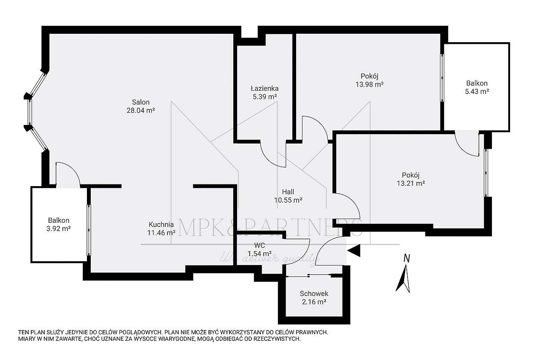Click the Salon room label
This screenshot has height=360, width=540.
coord(140,102)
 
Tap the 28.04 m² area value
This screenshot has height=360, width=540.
coord(140,111)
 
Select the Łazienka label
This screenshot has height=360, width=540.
coord(264,89)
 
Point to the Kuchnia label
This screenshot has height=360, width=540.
coord(161,225)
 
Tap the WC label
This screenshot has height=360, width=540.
coord(259,245)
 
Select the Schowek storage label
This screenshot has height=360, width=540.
coord(314,294)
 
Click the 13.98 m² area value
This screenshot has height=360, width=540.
coord(369,84)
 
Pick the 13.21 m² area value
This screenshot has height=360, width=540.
coord(410,183)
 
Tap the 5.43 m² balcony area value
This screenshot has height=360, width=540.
coord(477,92)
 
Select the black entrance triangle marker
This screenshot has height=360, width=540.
coord(354,251)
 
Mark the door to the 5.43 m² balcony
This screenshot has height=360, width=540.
coord(467,143)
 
